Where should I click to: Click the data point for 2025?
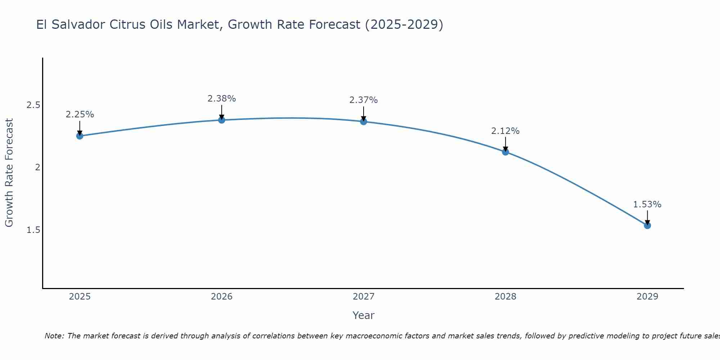[x=80, y=136]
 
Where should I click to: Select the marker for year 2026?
[x=222, y=120]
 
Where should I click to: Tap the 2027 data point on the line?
[x=364, y=122]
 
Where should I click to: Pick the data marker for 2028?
[x=505, y=152]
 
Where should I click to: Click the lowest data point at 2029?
[x=647, y=226]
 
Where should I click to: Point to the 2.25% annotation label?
[x=80, y=114]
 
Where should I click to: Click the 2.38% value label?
[x=222, y=99]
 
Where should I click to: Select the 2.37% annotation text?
[x=364, y=100]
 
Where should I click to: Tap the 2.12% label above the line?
[x=505, y=131]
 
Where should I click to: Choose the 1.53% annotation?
[x=647, y=204]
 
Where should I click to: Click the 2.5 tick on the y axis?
[x=33, y=105]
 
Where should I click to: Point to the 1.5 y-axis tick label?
[x=33, y=230]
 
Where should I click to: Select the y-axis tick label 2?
[x=37, y=167]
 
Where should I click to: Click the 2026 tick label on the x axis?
[x=222, y=297]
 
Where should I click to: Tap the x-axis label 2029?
[x=647, y=297]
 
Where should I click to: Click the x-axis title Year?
[x=364, y=315]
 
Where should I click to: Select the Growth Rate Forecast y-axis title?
[x=9, y=173]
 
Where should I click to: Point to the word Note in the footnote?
[x=54, y=336]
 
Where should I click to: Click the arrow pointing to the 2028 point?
[x=505, y=144]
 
